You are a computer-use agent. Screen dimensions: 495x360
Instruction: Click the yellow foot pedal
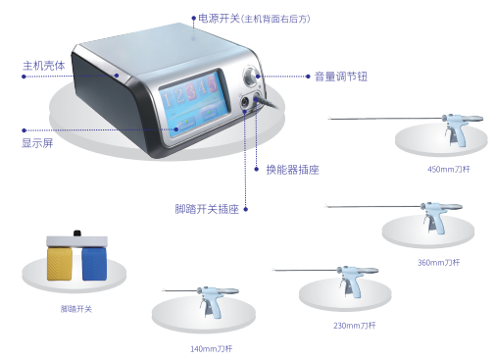60,264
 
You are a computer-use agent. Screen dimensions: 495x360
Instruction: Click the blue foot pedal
94,264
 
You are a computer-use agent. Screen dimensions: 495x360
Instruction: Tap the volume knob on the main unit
252,77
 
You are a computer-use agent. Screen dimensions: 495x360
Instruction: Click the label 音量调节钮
341,77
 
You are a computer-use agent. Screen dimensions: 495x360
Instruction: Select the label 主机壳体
44,66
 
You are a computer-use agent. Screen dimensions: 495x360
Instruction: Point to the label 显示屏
37,143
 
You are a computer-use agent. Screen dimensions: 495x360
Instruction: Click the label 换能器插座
292,170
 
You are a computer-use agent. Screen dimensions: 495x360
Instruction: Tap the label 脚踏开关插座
207,209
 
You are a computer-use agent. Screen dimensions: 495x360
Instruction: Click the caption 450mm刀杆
449,169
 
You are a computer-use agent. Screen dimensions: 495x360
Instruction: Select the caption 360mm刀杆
438,262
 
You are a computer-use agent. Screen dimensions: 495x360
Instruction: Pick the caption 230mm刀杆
355,326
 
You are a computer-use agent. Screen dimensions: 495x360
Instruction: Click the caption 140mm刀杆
212,349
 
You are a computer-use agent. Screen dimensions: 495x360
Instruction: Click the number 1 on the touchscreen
167,99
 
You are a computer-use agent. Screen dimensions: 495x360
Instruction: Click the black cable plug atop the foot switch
77,233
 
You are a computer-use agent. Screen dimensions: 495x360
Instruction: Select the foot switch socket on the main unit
244,103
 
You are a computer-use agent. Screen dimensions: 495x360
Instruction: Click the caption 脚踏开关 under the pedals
76,309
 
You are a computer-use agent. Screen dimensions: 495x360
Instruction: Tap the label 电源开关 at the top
219,19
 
